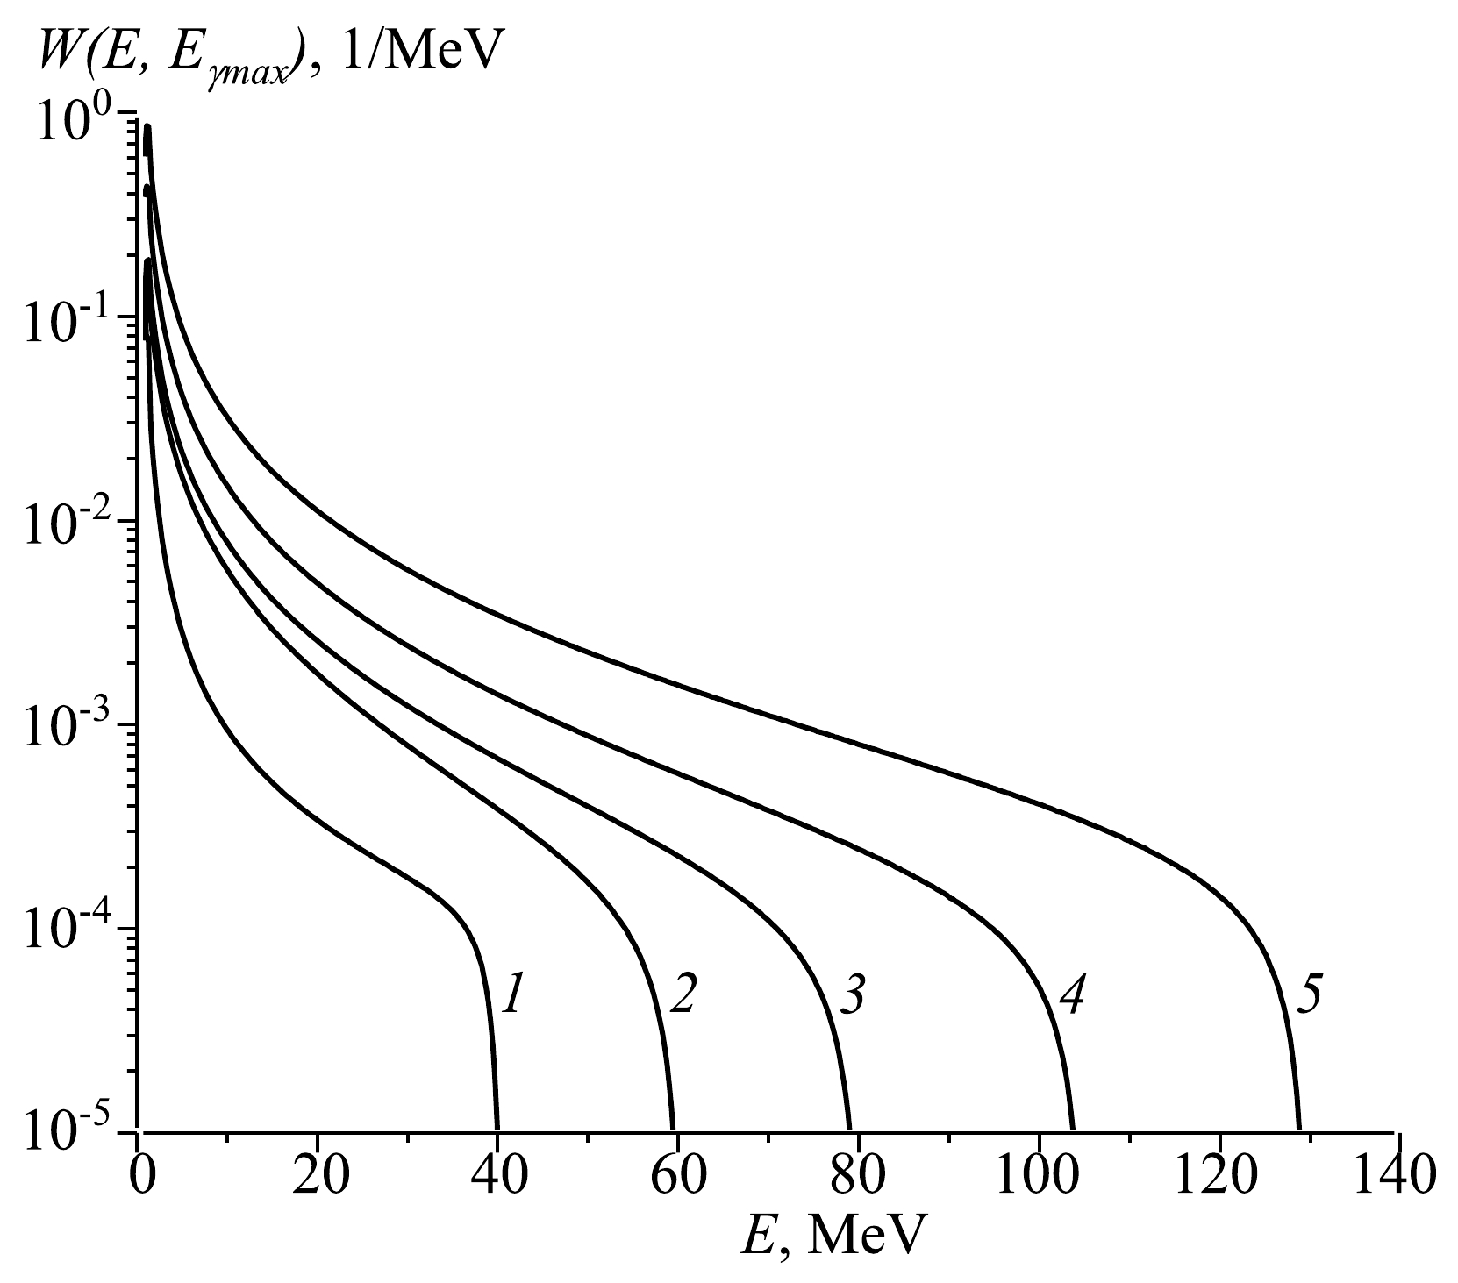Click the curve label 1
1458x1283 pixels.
tap(512, 997)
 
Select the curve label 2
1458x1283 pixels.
tap(683, 997)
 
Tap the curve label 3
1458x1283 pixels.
tap(852, 997)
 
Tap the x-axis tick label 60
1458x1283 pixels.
tap(677, 1180)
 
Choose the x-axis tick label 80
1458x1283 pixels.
tap(857, 1180)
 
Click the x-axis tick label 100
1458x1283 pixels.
tap(1038, 1180)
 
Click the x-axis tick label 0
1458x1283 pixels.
tap(140, 1180)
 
